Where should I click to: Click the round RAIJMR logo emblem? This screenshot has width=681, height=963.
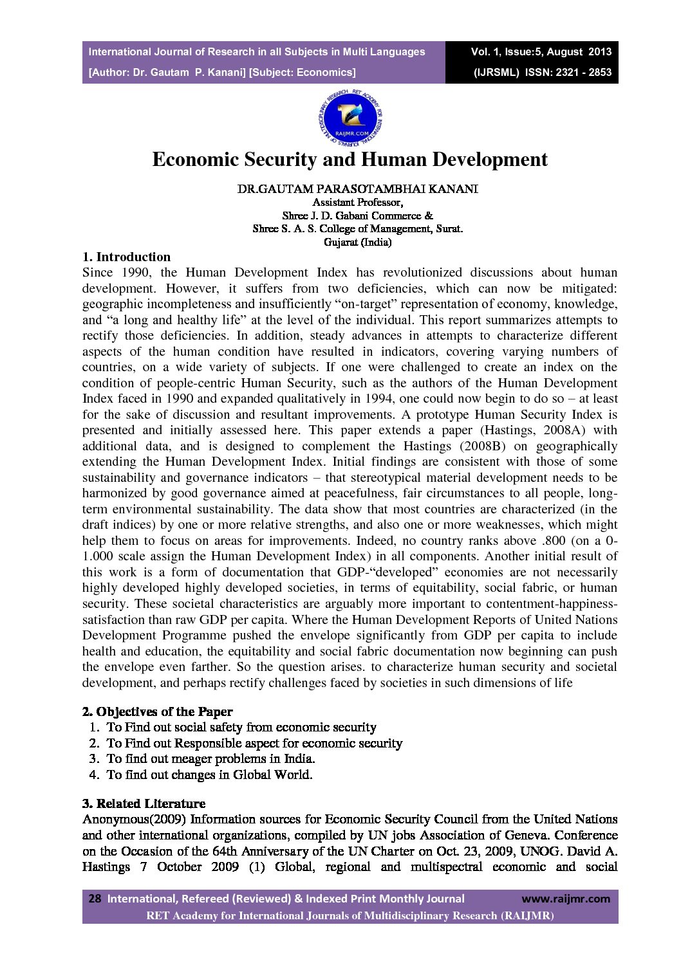350,118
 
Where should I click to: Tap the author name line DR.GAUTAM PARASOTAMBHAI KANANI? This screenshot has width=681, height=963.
357,189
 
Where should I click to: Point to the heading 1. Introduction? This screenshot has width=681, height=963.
126,257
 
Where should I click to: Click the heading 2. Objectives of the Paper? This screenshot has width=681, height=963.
157,711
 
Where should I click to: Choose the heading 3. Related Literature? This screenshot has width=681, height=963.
144,803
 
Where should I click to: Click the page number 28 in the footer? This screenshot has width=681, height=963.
95,899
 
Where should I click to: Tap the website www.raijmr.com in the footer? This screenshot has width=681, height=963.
565,899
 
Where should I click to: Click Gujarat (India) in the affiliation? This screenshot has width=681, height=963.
357,243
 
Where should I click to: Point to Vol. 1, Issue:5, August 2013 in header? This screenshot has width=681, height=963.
541,52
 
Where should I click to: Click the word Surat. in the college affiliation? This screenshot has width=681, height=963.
449,229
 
